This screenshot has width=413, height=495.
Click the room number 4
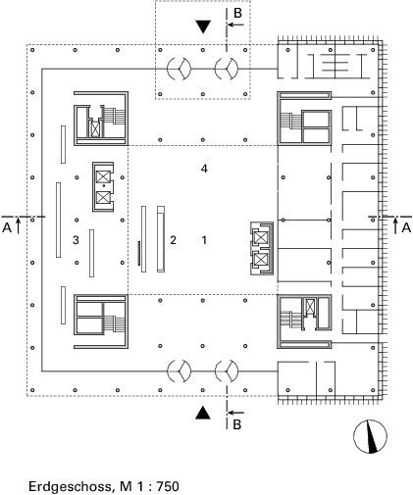[x=204, y=169]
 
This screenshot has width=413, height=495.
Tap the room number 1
[x=204, y=240]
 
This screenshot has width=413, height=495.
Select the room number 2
[x=173, y=240]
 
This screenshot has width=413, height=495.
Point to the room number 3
[x=76, y=240]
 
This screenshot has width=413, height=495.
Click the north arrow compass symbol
[x=370, y=436]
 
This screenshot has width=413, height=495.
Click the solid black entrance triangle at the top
[x=203, y=26]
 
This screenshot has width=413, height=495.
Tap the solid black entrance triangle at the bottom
[x=203, y=413]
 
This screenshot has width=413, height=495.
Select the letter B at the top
[x=237, y=13]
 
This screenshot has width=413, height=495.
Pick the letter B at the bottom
[x=237, y=424]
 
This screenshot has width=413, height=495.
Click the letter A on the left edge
[x=7, y=227]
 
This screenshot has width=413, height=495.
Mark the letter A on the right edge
[x=406, y=227]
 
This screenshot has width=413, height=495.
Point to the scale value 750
[x=168, y=486]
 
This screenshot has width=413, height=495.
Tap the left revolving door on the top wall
[x=179, y=69]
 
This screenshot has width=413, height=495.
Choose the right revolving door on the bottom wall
[x=227, y=371]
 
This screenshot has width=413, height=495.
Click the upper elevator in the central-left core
[x=103, y=176]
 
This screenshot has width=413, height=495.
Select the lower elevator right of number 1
[x=261, y=260]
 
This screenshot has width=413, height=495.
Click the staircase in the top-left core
[x=114, y=116]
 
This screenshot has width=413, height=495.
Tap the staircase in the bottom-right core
[x=290, y=319]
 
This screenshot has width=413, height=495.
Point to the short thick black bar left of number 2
[x=138, y=253]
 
